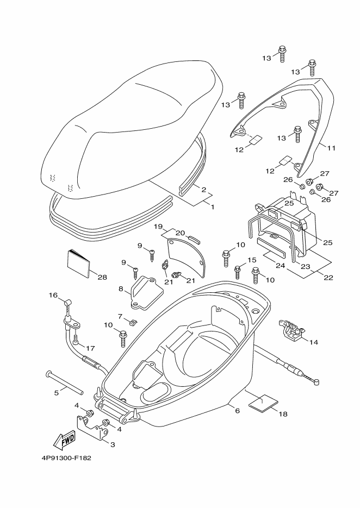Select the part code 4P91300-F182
66,458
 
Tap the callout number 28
102,277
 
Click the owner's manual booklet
78,264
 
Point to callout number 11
331,148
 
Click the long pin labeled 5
65,382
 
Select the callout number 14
314,342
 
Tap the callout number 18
283,413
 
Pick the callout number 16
53,295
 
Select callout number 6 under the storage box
238,411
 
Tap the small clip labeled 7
133,322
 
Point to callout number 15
252,260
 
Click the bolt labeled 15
238,272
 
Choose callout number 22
328,278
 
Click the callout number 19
158,226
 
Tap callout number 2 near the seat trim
203,190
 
